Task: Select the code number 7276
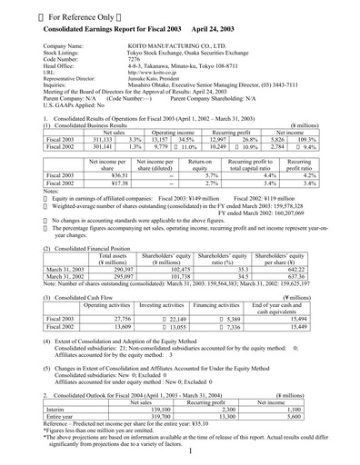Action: click(x=134, y=60)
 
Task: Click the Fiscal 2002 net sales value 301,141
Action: click(x=84, y=147)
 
